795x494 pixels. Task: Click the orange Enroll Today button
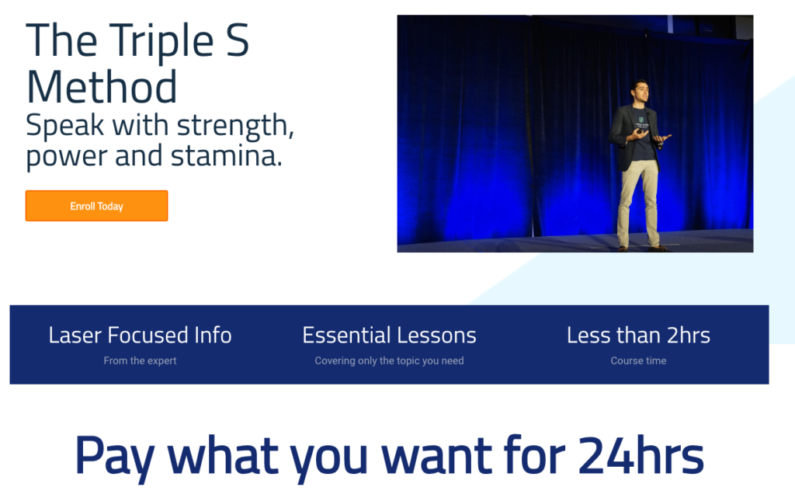96,206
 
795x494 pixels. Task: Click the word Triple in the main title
161,41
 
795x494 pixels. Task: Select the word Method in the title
102,87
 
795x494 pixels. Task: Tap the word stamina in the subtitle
226,155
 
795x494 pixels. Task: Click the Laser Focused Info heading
140,336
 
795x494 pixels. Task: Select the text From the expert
140,360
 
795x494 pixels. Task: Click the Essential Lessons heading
390,336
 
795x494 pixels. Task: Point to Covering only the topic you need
390,360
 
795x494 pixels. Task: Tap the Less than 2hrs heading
638,336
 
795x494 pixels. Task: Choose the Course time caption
638,360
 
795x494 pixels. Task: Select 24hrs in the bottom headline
641,454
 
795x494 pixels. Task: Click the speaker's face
640,92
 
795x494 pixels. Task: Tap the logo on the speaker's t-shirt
641,120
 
